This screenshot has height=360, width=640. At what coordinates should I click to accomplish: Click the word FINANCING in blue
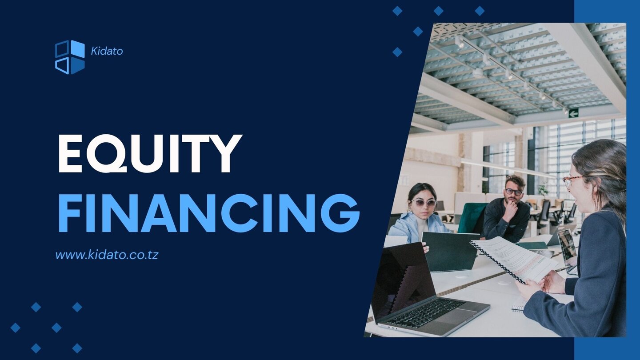tap(209, 213)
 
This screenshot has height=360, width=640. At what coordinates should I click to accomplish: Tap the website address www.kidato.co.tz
tap(107, 255)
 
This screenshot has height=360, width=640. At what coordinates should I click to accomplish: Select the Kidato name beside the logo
tap(107, 51)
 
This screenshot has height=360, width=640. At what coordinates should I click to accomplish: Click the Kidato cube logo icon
tap(70, 57)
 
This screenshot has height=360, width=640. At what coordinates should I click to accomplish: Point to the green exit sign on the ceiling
tap(573, 113)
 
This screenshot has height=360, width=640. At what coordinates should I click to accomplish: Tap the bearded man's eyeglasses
tap(513, 192)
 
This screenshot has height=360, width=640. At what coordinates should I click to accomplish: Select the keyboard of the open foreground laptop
tap(426, 312)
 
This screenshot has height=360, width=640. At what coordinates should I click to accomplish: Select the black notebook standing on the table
tap(450, 252)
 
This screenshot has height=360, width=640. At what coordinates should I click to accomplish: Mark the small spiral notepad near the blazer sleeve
tap(518, 306)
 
